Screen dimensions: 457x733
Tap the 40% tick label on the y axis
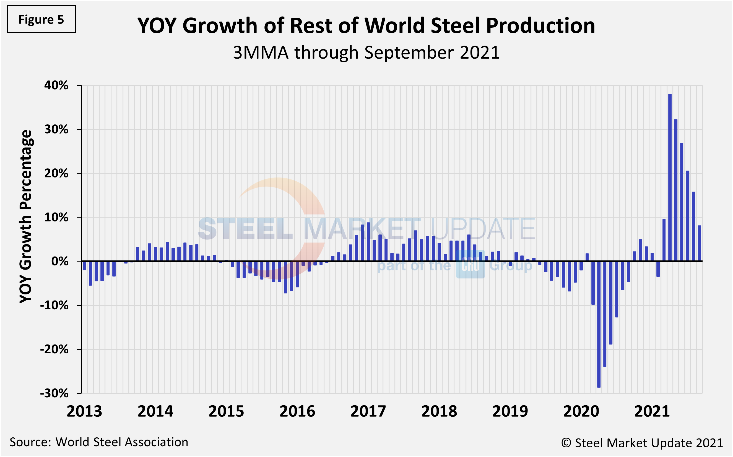pyautogui.click(x=56, y=85)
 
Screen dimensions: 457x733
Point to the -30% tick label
pyautogui.click(x=54, y=393)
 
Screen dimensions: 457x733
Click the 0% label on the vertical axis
pyautogui.click(x=60, y=262)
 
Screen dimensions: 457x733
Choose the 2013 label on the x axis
pyautogui.click(x=84, y=411)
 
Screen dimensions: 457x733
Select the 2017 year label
pyautogui.click(x=368, y=411)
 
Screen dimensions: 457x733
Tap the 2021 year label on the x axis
pyautogui.click(x=652, y=411)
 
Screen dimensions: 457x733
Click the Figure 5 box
pyautogui.click(x=41, y=19)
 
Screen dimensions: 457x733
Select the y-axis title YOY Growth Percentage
pyautogui.click(x=26, y=216)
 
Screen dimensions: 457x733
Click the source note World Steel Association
pyautogui.click(x=122, y=442)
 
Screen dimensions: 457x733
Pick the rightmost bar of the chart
pyautogui.click(x=699, y=243)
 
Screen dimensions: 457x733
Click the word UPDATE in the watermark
pyautogui.click(x=482, y=229)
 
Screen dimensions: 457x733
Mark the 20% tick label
pyautogui.click(x=56, y=174)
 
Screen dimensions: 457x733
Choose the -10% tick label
pyautogui.click(x=54, y=305)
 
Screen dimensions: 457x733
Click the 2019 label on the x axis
pyautogui.click(x=510, y=411)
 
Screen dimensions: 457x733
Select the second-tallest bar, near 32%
pyautogui.click(x=675, y=190)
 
